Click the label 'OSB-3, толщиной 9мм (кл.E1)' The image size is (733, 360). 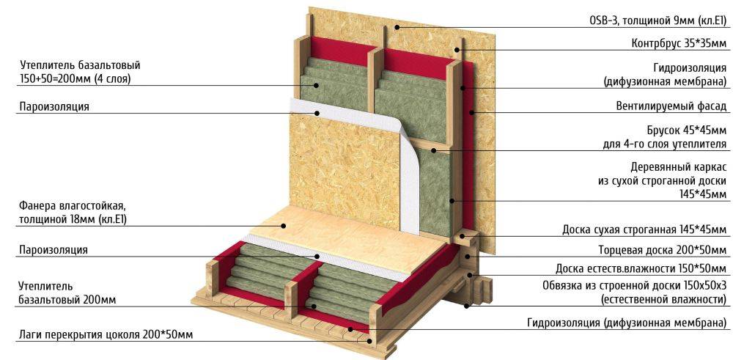pyautogui.click(x=658, y=21)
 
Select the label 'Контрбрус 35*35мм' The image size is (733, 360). pyautogui.click(x=679, y=44)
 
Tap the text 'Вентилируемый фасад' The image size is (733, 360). pyautogui.click(x=671, y=106)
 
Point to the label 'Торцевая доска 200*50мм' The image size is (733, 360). pyautogui.click(x=663, y=250)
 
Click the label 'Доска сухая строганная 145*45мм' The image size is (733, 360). pyautogui.click(x=644, y=230)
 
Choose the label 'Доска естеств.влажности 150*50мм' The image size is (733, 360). pyautogui.click(x=641, y=269)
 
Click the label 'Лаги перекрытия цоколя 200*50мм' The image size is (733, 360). pyautogui.click(x=106, y=335)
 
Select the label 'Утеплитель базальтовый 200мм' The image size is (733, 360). pyautogui.click(x=67, y=293)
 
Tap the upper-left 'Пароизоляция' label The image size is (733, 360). pyautogui.click(x=54, y=106)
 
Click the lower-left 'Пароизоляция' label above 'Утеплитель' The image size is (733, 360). pyautogui.click(x=54, y=250)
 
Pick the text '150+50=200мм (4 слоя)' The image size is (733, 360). pyautogui.click(x=75, y=79)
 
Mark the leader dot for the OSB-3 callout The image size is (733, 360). pyautogui.click(x=396, y=28)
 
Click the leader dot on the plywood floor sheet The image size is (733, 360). pyautogui.click(x=283, y=226)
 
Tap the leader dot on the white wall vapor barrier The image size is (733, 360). pyautogui.click(x=317, y=113)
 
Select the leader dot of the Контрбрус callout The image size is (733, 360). pyautogui.click(x=456, y=50)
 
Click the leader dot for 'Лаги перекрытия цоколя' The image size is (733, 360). pyautogui.click(x=370, y=341)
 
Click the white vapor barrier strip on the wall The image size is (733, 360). pyautogui.click(x=402, y=159)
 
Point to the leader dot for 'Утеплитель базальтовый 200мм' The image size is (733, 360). pyautogui.click(x=314, y=306)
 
